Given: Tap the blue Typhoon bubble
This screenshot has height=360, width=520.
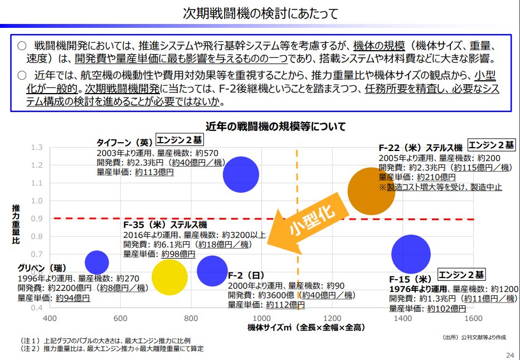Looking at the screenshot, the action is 241,174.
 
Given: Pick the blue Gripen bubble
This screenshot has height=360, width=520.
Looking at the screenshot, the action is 97,262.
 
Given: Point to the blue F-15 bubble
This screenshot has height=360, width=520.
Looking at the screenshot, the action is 411,254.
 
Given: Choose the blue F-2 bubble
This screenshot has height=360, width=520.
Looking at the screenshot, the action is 212,270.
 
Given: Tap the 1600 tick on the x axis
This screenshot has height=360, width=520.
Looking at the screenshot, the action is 473,319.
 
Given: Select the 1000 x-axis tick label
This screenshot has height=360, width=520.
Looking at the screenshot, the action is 261,319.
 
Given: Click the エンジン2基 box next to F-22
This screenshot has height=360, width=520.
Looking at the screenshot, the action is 491,145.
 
